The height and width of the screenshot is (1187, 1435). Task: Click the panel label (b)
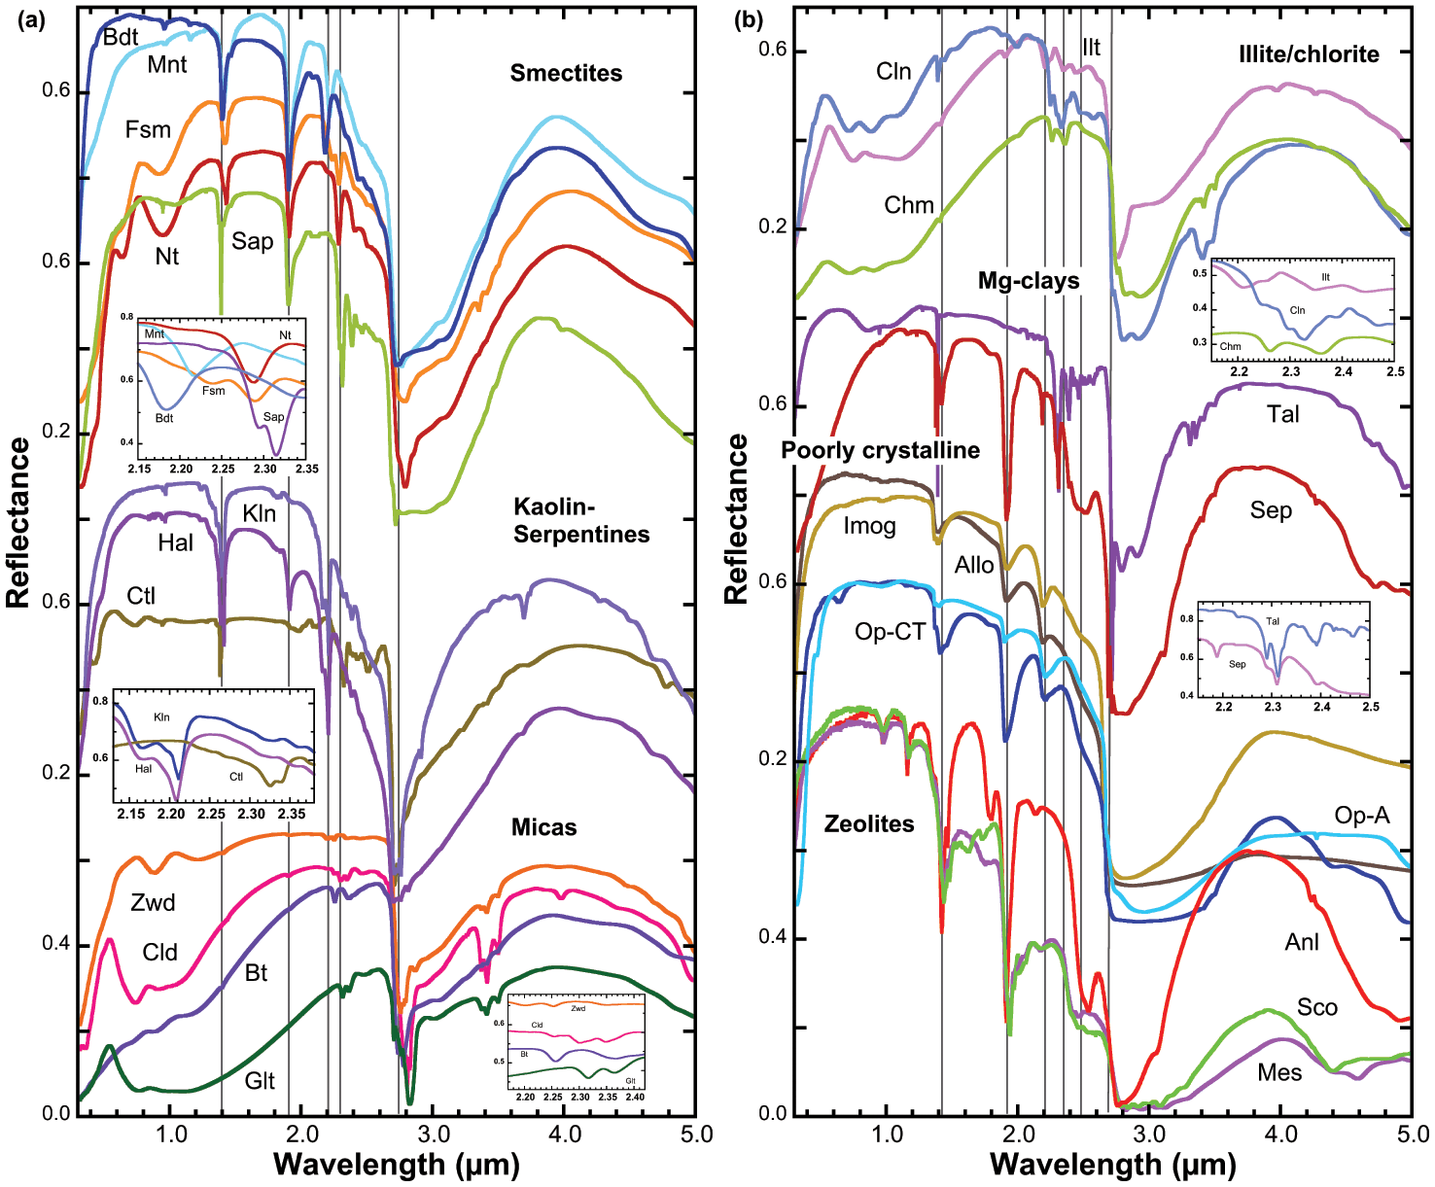coord(749,20)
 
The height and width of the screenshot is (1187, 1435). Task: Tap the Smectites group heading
coord(566,73)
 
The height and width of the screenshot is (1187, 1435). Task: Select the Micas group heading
coord(544,827)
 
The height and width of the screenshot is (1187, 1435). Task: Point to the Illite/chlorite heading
coord(1309,54)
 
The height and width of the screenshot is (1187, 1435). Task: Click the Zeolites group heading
coord(869,824)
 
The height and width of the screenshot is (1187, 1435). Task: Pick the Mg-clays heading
coord(1029,281)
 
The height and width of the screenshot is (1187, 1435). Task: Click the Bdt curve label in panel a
coord(121,38)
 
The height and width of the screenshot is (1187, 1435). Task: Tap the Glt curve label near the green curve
coord(260,1081)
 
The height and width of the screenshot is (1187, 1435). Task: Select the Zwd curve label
coord(153,903)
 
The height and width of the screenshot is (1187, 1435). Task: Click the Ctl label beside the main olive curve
coord(141,596)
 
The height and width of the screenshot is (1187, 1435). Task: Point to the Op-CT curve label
coord(890,632)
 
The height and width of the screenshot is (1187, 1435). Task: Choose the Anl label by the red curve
coord(1302,942)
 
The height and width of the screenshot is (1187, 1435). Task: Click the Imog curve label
coord(869,527)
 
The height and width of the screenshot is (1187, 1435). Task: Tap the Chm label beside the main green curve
coord(909,205)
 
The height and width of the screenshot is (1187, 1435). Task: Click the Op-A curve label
coord(1361,816)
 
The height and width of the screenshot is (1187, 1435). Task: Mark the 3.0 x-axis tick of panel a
coord(435,1135)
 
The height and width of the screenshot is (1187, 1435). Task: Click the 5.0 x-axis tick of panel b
coord(1412,1135)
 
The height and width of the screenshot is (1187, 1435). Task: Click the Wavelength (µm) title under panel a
coord(396,1165)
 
